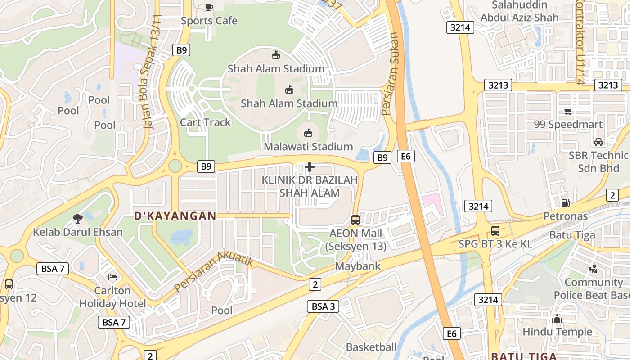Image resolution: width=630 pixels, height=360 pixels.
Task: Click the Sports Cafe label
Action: tap(209, 21)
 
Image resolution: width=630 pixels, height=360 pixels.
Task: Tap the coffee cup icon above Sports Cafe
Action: tap(209, 7)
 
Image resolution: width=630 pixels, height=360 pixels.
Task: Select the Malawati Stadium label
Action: tap(308, 147)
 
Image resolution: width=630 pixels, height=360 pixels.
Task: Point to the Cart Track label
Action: tap(205, 122)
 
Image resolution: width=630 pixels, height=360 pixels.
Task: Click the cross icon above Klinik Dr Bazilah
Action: tap(310, 167)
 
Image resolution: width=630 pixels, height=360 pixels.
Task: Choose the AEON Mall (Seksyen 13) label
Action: tap(355, 240)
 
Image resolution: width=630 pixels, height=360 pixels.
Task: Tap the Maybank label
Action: tap(358, 266)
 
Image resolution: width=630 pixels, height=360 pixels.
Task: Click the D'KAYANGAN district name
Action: tap(175, 216)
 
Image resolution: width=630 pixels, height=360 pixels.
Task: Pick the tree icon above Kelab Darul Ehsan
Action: tap(77, 219)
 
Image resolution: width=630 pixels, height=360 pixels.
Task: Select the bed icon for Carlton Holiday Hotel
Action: tap(112, 277)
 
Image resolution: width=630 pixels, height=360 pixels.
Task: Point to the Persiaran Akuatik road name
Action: tap(214, 272)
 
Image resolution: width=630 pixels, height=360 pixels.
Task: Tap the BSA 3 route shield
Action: tap(323, 307)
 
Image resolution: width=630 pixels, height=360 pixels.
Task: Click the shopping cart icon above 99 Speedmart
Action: tap(568, 111)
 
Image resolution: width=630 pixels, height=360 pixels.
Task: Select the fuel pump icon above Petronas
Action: tap(565, 203)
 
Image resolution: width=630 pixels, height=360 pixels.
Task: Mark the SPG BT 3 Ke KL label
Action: tap(495, 244)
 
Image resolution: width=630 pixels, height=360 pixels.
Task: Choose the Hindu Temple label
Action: tap(557, 332)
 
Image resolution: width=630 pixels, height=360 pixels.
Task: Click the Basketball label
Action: tap(371, 347)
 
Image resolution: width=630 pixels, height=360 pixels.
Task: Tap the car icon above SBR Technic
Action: tap(598, 142)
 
